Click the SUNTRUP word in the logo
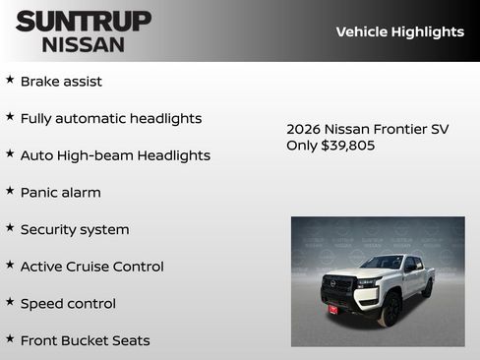point(84,21)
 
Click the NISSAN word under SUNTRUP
point(84,43)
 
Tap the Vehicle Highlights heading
point(399,31)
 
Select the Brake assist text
point(61,81)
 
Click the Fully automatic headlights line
point(111,118)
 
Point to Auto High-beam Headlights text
point(115,155)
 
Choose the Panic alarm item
point(60,192)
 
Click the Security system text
point(75,229)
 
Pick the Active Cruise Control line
point(91,267)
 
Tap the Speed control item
point(68,303)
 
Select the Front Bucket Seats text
point(85,340)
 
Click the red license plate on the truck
point(333,309)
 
